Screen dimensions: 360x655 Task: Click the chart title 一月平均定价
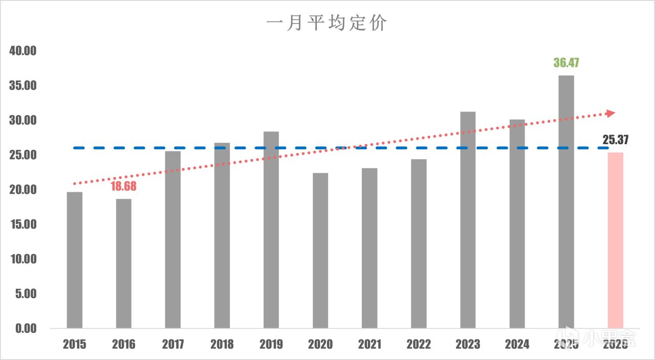coord(326,24)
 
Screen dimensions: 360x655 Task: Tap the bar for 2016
coord(124,263)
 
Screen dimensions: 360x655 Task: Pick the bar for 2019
coord(271,230)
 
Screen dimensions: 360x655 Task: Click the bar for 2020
coord(320,251)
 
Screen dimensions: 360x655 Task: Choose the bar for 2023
coord(468,220)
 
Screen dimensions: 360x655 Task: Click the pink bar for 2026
coord(615,240)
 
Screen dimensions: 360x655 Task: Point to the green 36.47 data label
coord(566,63)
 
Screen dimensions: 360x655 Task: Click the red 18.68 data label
coord(124,186)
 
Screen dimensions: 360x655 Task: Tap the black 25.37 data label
coord(615,140)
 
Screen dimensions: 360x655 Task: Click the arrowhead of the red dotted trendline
coord(610,113)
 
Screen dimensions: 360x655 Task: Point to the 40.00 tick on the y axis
coord(23,51)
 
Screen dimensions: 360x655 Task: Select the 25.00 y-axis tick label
coord(23,155)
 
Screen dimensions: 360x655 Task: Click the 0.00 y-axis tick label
coord(26,328)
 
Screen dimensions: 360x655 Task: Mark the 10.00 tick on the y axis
coord(23,259)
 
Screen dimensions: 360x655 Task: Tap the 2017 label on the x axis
coord(173,344)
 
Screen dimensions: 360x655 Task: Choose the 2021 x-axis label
coord(369,344)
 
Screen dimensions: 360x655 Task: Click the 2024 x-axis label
coord(517,344)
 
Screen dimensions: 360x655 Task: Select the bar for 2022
coord(419,243)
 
